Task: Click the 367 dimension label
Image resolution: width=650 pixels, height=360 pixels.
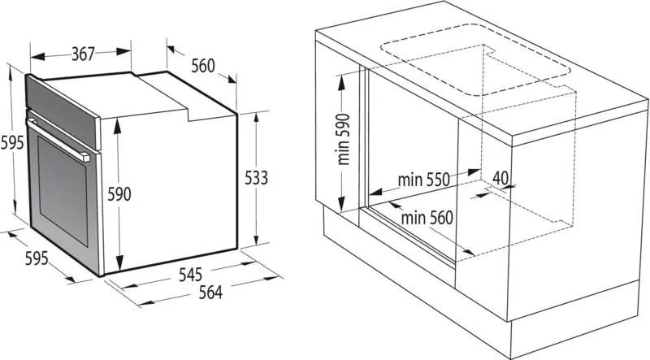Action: pos(84,54)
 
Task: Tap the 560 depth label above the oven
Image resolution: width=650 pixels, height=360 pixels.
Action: pos(203,66)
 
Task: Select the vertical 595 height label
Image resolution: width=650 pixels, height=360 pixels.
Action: pos(12,143)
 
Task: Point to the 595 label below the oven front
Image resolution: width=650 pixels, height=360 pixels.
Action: pos(37,258)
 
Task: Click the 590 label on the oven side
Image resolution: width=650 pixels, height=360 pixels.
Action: pos(119,194)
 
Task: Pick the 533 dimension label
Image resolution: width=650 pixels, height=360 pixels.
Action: pos(256,178)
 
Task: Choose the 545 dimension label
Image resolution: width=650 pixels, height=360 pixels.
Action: pos(190,275)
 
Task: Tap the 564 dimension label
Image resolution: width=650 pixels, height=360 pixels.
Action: pos(210,293)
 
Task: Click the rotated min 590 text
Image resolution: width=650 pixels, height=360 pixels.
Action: pos(344,139)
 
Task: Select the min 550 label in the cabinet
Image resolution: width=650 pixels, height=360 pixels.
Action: pos(423,180)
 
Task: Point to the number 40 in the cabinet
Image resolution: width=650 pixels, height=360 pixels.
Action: pos(500,178)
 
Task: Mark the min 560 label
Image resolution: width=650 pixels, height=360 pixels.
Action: pos(427,218)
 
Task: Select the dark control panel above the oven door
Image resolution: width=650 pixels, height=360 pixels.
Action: pos(63,112)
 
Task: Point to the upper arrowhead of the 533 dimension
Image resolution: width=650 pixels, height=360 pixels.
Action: pos(256,117)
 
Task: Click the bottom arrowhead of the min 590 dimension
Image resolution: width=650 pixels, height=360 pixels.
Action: pos(341,205)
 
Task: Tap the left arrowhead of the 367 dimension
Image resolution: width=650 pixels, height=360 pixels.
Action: pos(37,56)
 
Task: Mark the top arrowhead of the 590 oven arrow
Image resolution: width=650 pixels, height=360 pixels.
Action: pos(118,126)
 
